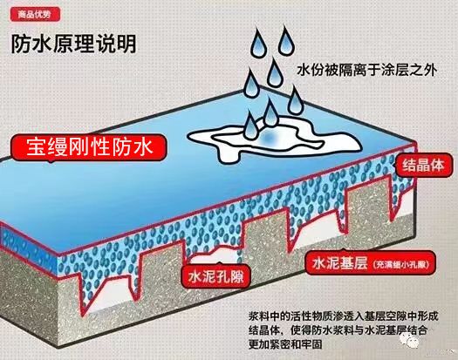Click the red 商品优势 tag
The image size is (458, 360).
(x=35, y=15)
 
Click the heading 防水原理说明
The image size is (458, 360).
(x=73, y=44)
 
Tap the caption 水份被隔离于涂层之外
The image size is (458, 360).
(x=366, y=71)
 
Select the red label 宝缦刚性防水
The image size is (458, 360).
(x=89, y=146)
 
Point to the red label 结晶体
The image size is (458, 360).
(x=423, y=165)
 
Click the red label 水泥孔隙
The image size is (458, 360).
(x=215, y=276)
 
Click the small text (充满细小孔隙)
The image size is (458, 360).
(x=401, y=265)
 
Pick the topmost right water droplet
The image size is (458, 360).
(x=286, y=41)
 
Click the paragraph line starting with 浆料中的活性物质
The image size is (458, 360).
(x=344, y=316)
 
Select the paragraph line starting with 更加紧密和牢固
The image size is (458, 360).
(x=285, y=344)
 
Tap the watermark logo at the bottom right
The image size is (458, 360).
(x=408, y=342)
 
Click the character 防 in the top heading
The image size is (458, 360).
(x=21, y=44)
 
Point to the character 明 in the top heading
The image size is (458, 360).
(x=126, y=44)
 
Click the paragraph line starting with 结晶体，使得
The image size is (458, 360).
(x=338, y=330)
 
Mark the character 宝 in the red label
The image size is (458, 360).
(x=37, y=146)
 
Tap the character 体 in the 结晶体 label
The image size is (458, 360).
(x=437, y=165)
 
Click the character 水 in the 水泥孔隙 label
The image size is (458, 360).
(x=195, y=276)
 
